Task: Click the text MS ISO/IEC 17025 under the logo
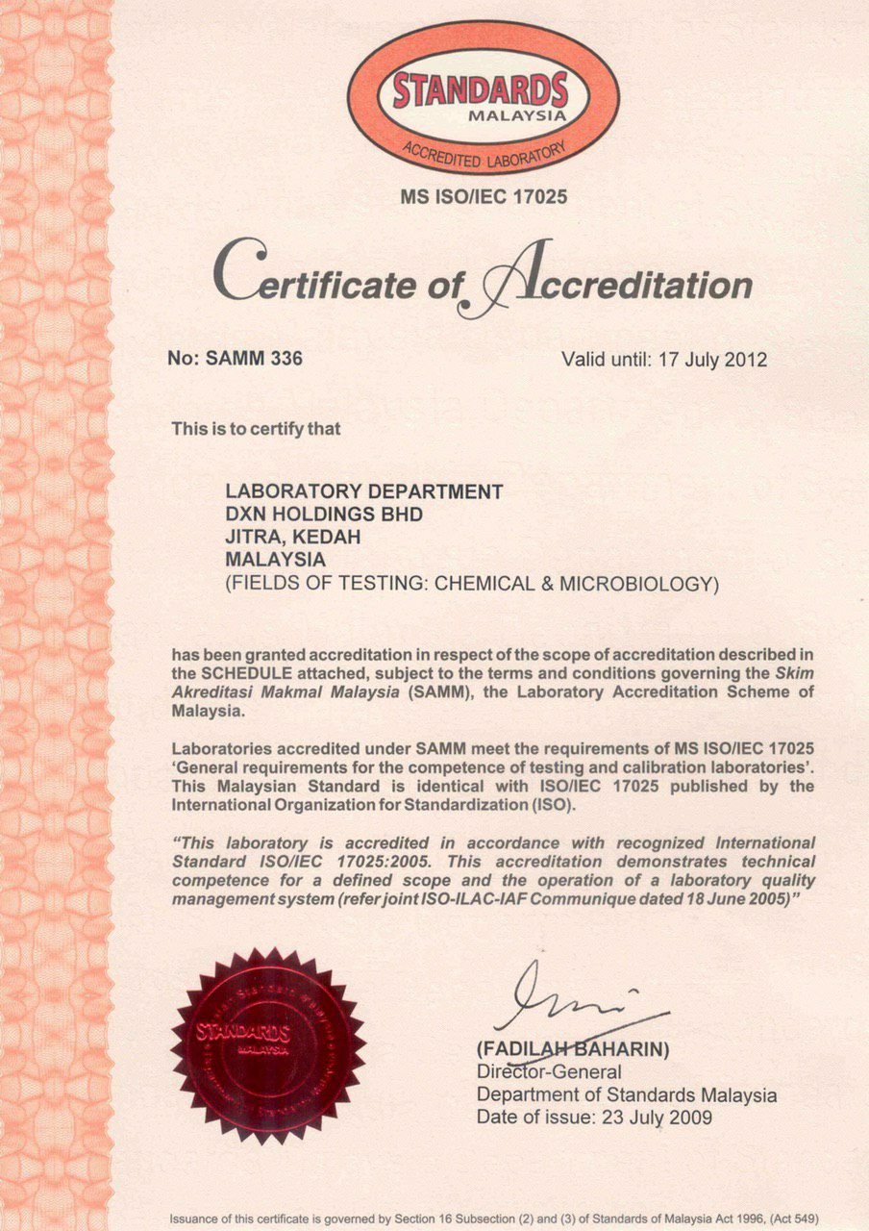(x=484, y=197)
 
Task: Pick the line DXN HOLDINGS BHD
(x=323, y=515)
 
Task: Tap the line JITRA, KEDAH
(x=292, y=537)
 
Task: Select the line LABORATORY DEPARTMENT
(x=363, y=491)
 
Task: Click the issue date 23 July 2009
(x=655, y=1118)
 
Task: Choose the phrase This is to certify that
(x=256, y=429)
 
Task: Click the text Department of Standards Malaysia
(x=626, y=1094)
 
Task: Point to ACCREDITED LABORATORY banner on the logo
(x=484, y=154)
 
